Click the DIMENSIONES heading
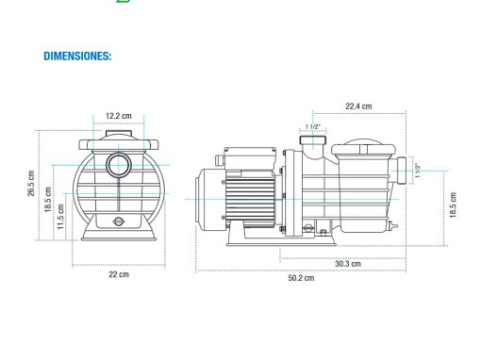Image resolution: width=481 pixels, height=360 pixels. coord(77,56)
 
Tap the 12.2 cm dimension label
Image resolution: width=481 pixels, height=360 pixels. coord(119,116)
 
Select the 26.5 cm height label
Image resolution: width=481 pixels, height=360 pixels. coord(31,184)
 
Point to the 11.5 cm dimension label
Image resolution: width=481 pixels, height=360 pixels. coord(60,217)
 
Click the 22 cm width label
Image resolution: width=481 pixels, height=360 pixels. coord(119,274)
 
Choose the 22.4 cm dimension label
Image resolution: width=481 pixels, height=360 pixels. coord(358,106)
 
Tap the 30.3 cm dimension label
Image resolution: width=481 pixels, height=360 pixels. coord(348,264)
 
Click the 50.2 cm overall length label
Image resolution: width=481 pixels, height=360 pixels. coord(301,278)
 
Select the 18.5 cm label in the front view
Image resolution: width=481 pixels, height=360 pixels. coord(48,200)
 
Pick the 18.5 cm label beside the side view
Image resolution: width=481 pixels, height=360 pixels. coord(453,205)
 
